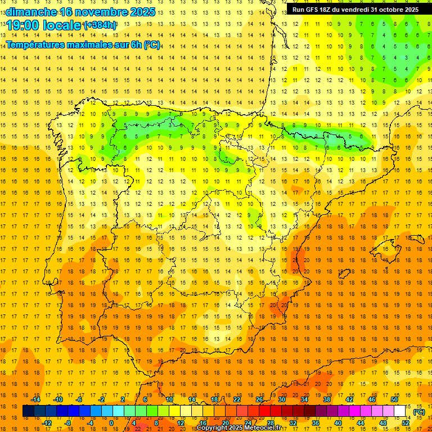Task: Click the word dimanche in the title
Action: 31,12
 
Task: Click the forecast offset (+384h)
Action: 100,25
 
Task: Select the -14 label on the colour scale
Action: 35,399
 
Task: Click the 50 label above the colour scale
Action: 394,399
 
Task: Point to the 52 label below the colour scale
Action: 406,422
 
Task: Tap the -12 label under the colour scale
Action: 47,422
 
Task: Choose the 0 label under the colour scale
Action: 111,422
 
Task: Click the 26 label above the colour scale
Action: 259,399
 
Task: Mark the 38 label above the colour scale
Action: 327,399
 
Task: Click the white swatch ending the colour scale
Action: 400,411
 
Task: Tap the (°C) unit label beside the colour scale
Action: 419,412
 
